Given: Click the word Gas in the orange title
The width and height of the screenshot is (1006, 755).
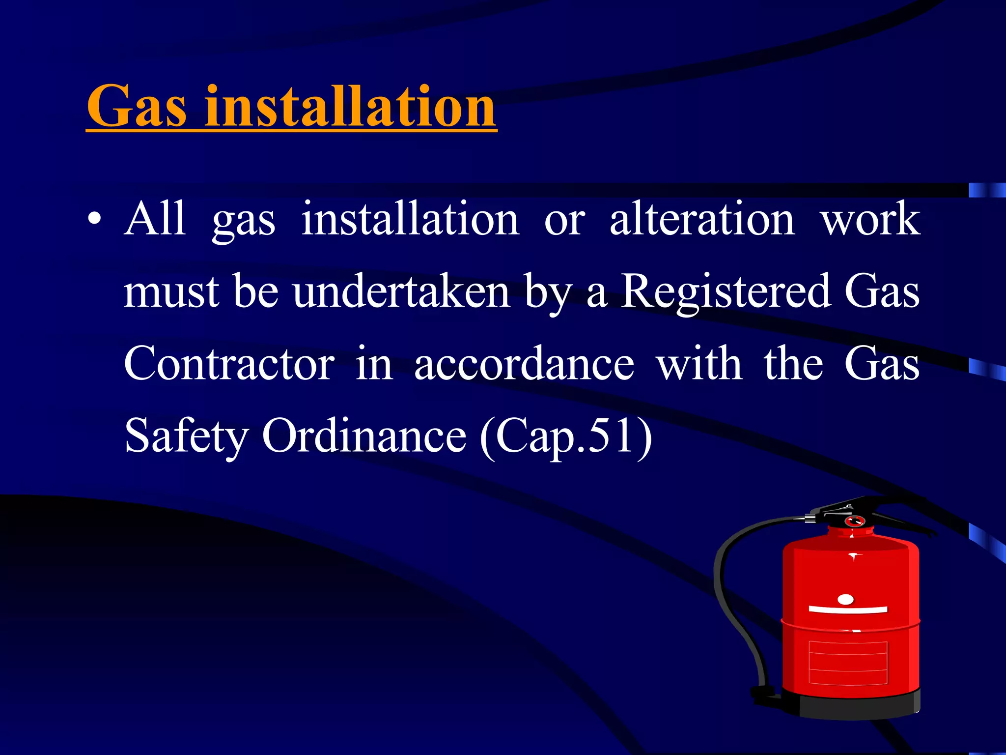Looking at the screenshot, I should (x=137, y=107).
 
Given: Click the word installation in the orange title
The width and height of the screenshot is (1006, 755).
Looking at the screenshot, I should (x=350, y=107).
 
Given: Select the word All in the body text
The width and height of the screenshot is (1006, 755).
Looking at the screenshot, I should (x=155, y=219).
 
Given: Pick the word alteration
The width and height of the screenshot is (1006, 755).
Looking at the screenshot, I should (x=702, y=219).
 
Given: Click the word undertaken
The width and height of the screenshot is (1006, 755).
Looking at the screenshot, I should (x=401, y=291).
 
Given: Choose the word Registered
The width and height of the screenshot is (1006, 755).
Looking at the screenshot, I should (x=726, y=291).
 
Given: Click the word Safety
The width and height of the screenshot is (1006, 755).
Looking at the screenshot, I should (x=187, y=436).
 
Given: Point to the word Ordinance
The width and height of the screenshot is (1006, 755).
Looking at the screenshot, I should (x=364, y=436).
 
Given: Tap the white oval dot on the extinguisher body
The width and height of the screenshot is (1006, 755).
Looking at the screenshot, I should (x=845, y=599).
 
